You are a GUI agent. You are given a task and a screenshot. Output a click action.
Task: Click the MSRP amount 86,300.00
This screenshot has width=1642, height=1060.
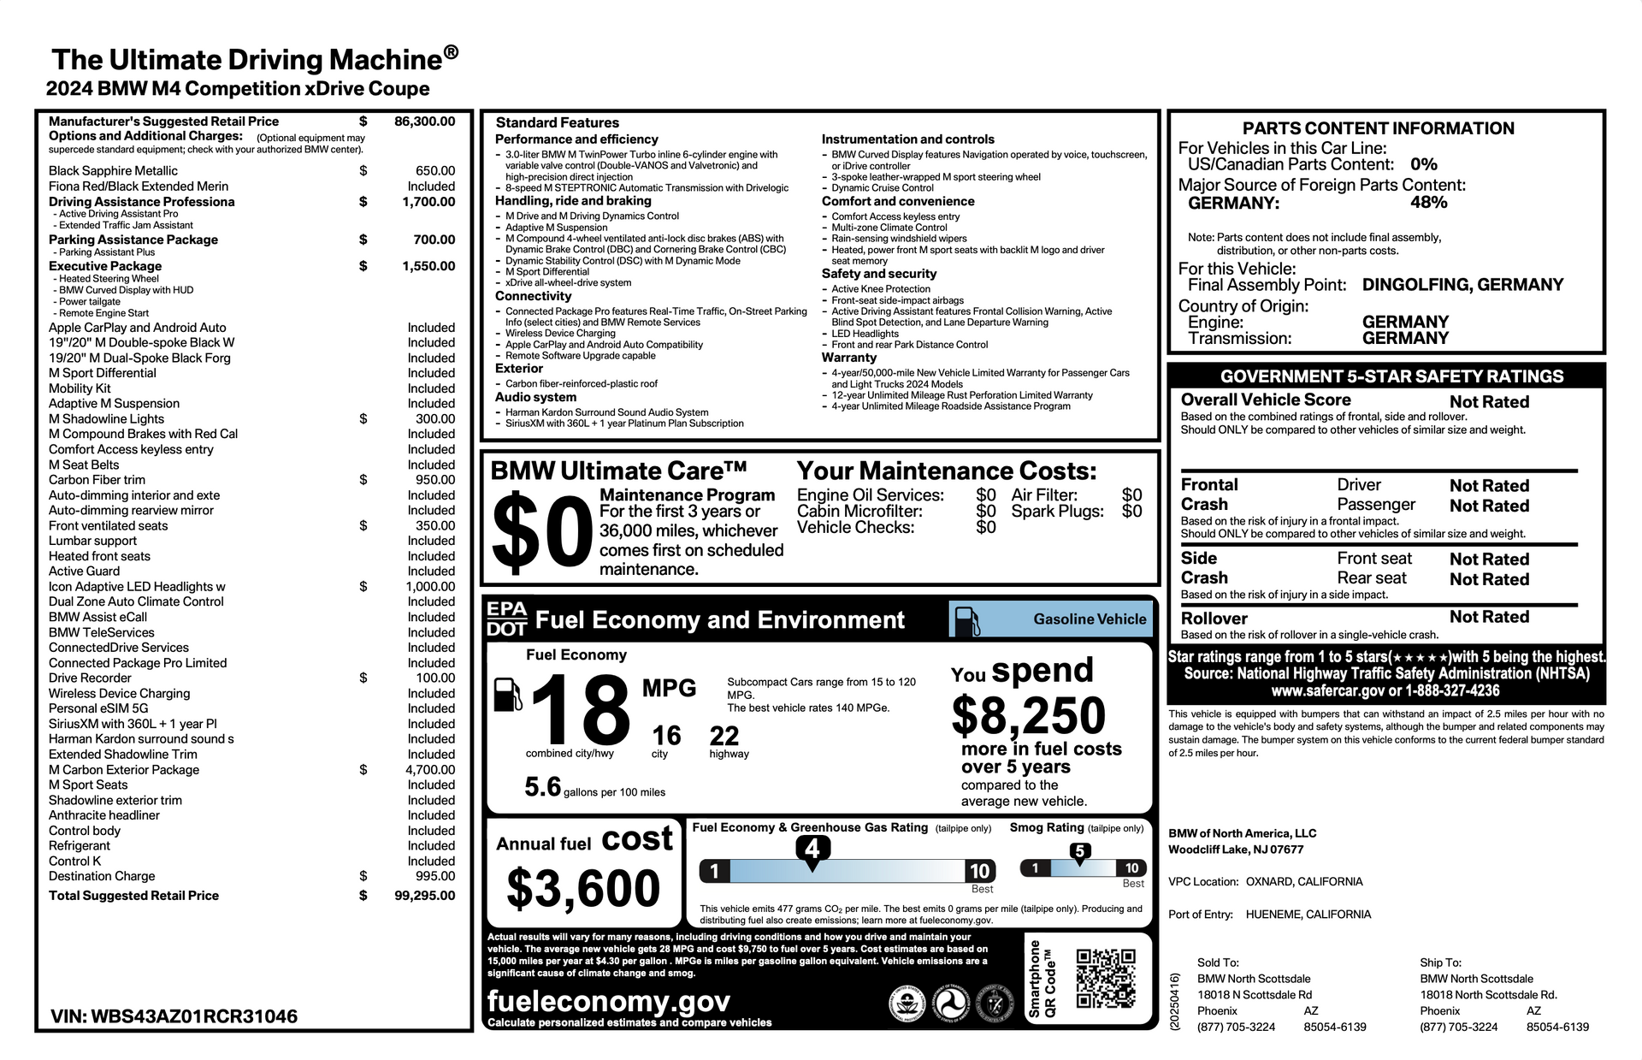(x=424, y=121)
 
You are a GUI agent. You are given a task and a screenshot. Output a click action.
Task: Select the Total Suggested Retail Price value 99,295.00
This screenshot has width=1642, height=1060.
(x=424, y=896)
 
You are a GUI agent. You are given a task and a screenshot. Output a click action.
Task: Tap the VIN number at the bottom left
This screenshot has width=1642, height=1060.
(x=174, y=1016)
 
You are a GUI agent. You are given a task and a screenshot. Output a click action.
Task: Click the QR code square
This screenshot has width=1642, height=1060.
(x=1105, y=978)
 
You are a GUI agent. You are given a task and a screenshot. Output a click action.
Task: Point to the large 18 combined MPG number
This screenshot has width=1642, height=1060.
(x=581, y=710)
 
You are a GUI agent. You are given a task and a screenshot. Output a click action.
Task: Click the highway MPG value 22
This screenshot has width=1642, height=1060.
(x=724, y=736)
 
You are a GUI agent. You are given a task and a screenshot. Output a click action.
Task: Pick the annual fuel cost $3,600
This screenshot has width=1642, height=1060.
(x=583, y=888)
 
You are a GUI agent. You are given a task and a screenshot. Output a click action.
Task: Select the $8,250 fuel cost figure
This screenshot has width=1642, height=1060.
(x=1028, y=715)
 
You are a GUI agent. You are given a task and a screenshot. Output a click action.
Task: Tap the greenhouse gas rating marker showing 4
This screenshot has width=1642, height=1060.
(x=812, y=849)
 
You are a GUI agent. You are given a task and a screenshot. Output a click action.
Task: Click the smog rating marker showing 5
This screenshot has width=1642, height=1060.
(x=1079, y=851)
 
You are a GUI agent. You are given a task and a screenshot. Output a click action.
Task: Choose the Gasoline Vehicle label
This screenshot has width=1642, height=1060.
(x=1090, y=619)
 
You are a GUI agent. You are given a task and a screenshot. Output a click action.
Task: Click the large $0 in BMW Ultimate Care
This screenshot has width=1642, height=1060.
(x=542, y=533)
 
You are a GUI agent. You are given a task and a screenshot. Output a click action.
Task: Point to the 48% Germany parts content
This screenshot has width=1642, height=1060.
(x=1428, y=203)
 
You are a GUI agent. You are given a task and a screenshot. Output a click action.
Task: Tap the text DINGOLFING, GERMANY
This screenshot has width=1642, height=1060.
(x=1462, y=285)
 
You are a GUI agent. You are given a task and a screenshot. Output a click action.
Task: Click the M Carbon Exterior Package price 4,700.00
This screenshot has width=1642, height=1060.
(x=430, y=770)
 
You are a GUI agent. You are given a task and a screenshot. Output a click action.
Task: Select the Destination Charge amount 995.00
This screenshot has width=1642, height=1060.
(x=435, y=876)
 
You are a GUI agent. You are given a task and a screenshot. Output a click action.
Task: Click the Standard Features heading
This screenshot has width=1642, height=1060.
(x=557, y=123)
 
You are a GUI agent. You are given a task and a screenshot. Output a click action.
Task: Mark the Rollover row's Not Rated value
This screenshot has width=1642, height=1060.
(x=1489, y=617)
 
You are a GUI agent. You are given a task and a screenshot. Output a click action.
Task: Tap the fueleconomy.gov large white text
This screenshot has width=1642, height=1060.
(x=609, y=1001)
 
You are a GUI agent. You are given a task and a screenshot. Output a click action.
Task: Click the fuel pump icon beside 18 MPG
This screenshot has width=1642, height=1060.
(x=507, y=694)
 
